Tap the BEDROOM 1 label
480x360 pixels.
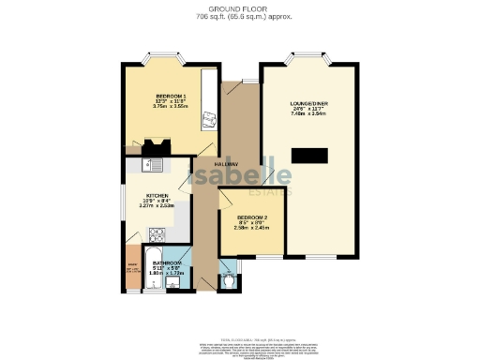[x=170, y=96]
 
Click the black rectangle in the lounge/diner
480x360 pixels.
[x=309, y=156]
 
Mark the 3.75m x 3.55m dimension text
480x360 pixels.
[x=170, y=106]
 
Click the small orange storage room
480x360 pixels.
[x=130, y=269]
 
